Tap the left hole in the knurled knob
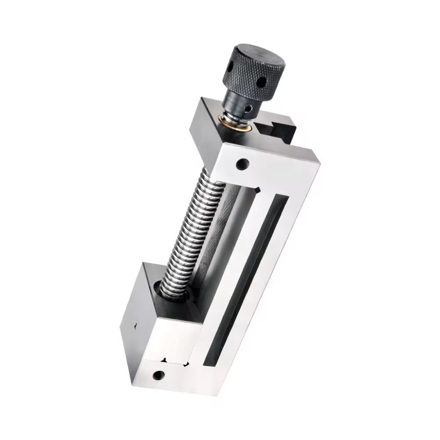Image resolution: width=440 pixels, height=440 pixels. coord(229,67)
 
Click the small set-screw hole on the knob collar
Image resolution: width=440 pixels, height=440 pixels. coord(248,110)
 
